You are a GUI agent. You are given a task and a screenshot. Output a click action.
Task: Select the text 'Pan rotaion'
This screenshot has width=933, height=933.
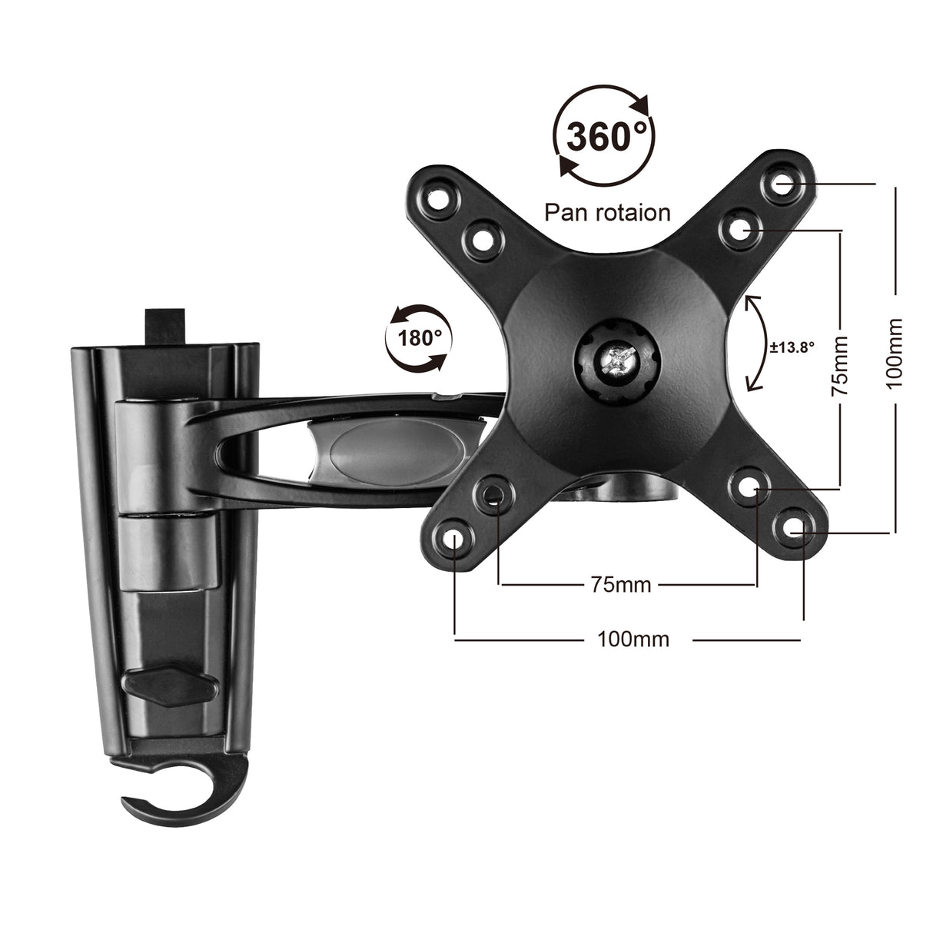[607, 212]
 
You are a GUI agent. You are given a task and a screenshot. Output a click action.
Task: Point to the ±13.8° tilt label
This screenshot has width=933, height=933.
[792, 347]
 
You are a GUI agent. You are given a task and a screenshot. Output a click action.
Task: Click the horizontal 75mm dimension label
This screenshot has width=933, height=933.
[621, 585]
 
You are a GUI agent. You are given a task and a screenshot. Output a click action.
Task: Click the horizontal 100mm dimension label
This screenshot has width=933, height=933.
[633, 639]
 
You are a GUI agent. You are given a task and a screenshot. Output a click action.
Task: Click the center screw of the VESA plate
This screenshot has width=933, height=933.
[617, 359]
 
